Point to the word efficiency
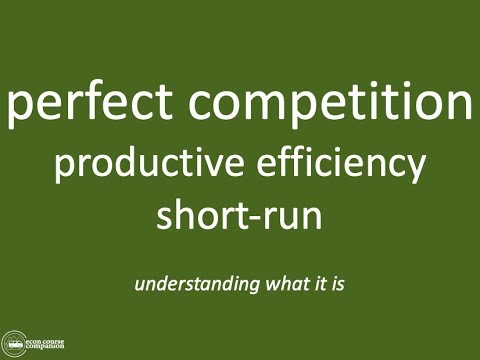coord(335,165)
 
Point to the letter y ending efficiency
coord(416,169)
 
